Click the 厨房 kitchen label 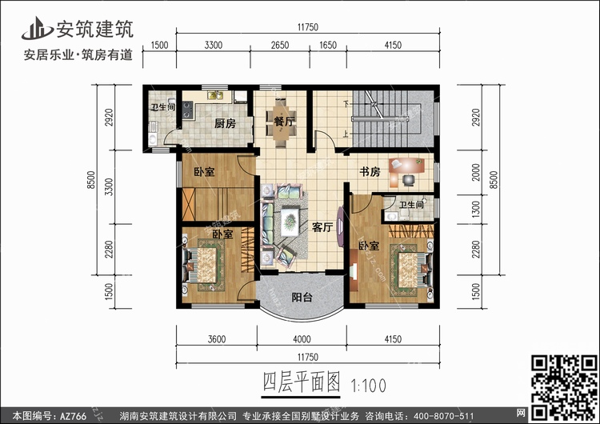pyautogui.click(x=225, y=124)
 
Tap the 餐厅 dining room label pyautogui.click(x=284, y=122)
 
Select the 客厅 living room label pyautogui.click(x=322, y=227)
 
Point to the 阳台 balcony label pyautogui.click(x=302, y=298)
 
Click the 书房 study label pyautogui.click(x=370, y=172)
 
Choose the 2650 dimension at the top pyautogui.click(x=280, y=45)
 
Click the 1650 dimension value pyautogui.click(x=328, y=45)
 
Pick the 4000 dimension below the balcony pyautogui.click(x=302, y=339)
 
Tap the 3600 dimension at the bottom pyautogui.click(x=217, y=339)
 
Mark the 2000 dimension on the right pyautogui.click(x=476, y=172)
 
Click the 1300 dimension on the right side pyautogui.click(x=476, y=209)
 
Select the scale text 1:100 pyautogui.click(x=368, y=386)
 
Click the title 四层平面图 pyautogui.click(x=301, y=382)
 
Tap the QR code pyautogui.click(x=564, y=387)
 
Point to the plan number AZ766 pyautogui.click(x=73, y=416)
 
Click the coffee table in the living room pyautogui.click(x=290, y=222)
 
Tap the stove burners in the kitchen pyautogui.click(x=187, y=110)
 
